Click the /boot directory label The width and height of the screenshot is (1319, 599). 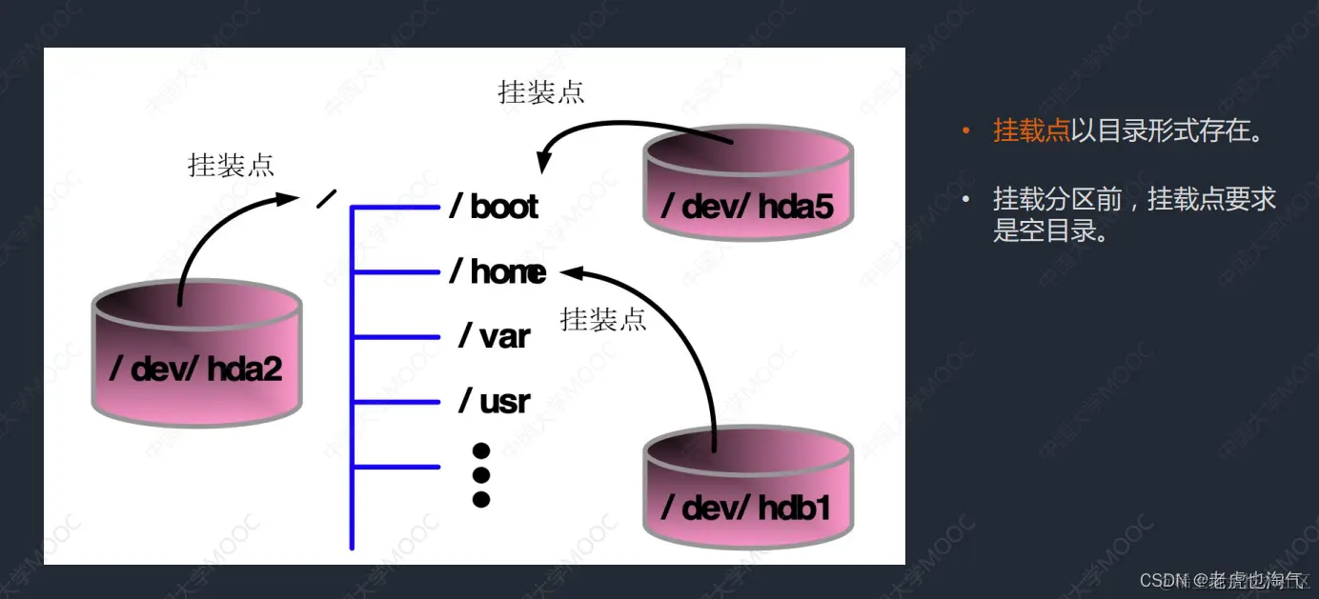click(x=495, y=207)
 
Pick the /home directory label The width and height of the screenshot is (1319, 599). click(x=498, y=272)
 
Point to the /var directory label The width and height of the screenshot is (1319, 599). click(x=495, y=336)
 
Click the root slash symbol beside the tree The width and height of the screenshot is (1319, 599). click(x=326, y=199)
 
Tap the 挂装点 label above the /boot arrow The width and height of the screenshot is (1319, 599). click(x=540, y=92)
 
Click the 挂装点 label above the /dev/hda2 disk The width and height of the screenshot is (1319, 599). click(x=231, y=165)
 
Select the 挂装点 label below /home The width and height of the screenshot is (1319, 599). click(x=603, y=319)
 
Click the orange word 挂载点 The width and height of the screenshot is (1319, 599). click(x=1031, y=130)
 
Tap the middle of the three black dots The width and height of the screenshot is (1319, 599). click(x=481, y=474)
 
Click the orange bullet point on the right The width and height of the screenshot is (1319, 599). click(x=966, y=130)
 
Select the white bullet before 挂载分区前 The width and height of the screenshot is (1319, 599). click(x=966, y=200)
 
